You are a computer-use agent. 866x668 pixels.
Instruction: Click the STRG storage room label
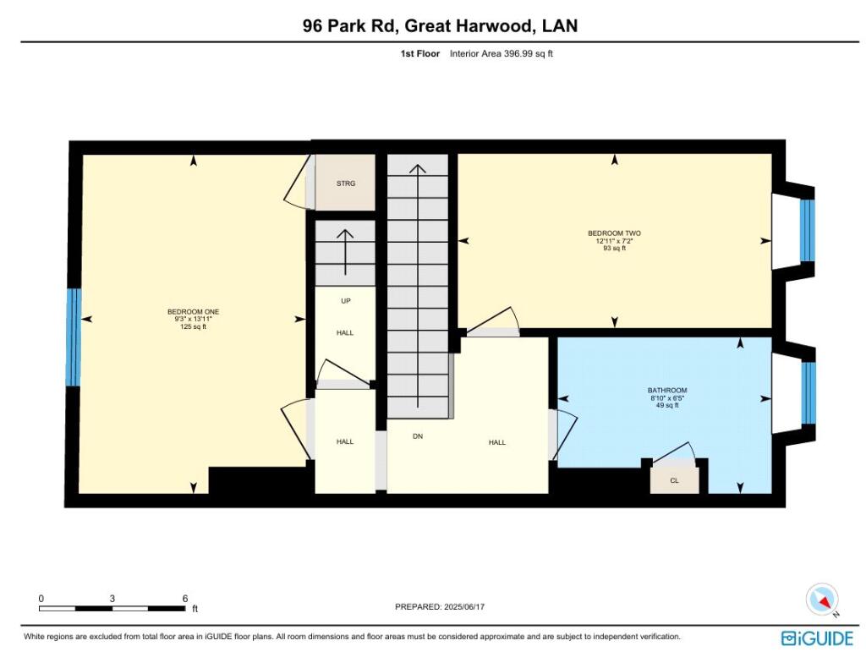(x=346, y=183)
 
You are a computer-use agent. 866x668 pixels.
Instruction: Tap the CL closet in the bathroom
(x=674, y=480)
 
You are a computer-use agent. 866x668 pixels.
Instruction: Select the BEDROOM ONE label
(x=194, y=312)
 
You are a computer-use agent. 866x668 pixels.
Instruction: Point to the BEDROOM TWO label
(x=614, y=233)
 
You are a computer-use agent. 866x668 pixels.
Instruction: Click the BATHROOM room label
(x=667, y=391)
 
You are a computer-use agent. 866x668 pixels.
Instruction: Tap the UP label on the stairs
(x=346, y=301)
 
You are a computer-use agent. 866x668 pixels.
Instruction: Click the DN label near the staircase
(x=418, y=436)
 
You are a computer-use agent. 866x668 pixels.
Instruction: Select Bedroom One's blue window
(x=74, y=337)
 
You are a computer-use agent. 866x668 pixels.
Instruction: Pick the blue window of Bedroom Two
(x=808, y=230)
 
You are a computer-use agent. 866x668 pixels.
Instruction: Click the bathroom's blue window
(x=808, y=392)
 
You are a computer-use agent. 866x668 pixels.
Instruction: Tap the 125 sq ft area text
(x=194, y=327)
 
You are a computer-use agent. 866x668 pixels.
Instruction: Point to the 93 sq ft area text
(x=614, y=249)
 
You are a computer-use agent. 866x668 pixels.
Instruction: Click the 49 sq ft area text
(x=667, y=405)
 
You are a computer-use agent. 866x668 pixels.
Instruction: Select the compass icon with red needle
(x=822, y=600)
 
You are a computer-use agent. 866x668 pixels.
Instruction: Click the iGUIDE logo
(x=818, y=638)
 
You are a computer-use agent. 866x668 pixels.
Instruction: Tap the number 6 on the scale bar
(x=185, y=599)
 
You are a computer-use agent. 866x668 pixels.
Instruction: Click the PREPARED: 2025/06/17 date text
(x=440, y=607)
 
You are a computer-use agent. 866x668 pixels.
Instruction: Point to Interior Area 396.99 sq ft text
(x=501, y=53)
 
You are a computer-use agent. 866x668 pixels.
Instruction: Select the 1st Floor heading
(x=419, y=53)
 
